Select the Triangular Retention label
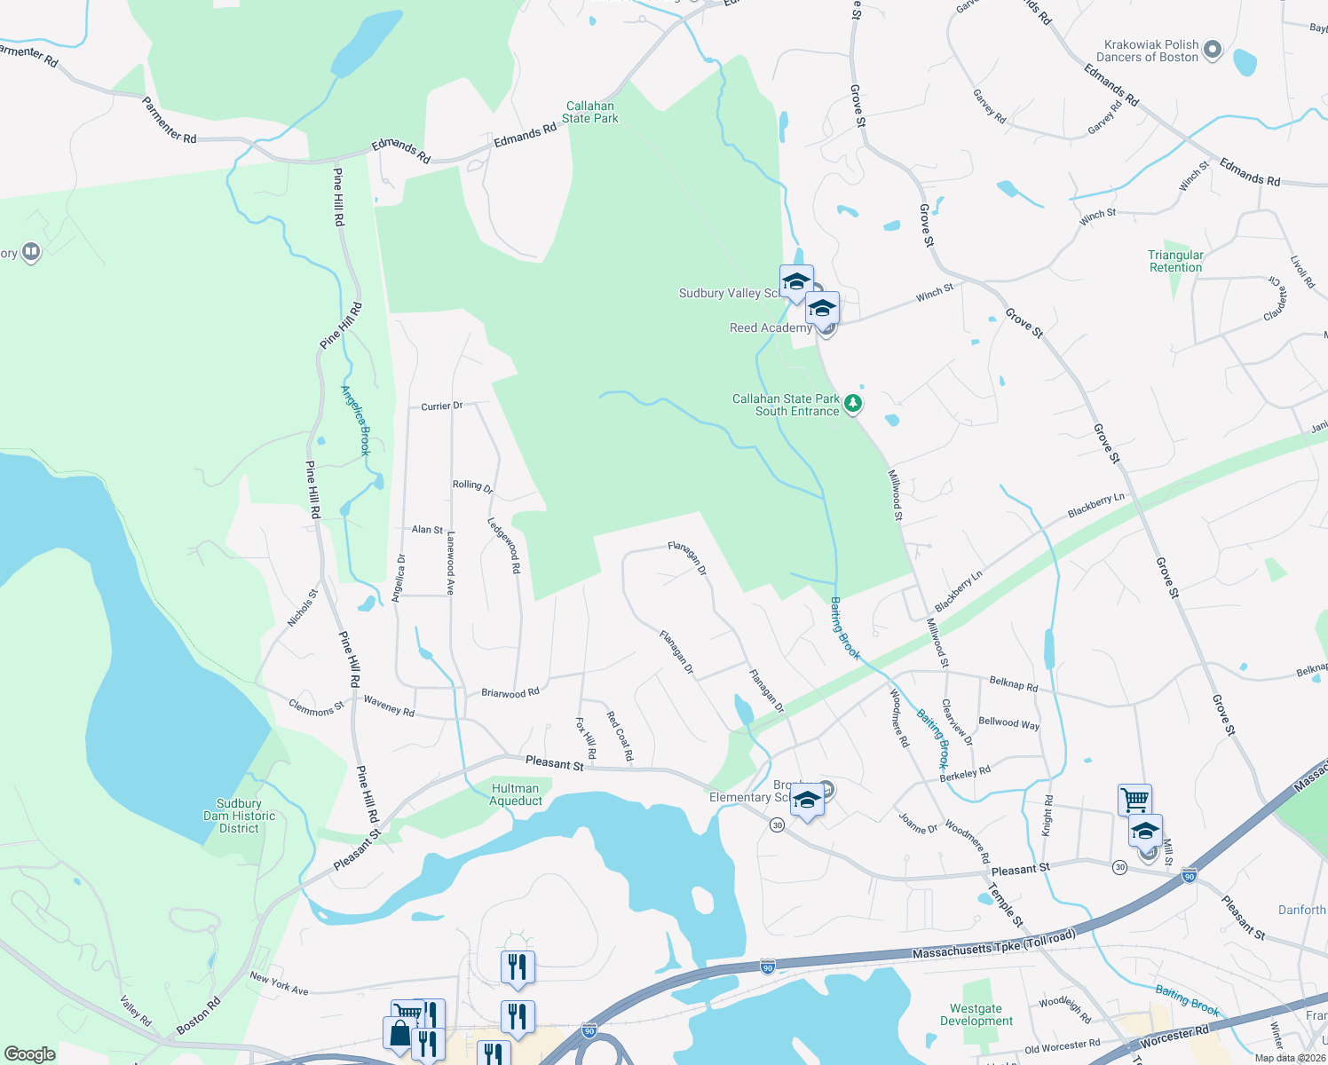click(x=1175, y=261)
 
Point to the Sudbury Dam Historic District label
click(x=239, y=816)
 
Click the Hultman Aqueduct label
click(x=515, y=794)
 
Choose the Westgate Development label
click(x=976, y=1014)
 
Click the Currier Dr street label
click(x=441, y=406)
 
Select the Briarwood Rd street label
click(x=510, y=692)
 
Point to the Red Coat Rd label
click(x=620, y=736)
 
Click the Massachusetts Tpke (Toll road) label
click(x=993, y=946)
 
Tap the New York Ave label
click(x=279, y=983)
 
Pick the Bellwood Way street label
click(x=1008, y=723)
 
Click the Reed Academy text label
click(x=771, y=328)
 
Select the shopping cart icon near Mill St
click(x=1134, y=799)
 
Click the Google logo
click(x=29, y=1053)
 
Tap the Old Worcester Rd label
click(x=1062, y=1046)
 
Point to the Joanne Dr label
click(x=918, y=824)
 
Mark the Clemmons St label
click(x=316, y=707)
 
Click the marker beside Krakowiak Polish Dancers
click(x=1213, y=50)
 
